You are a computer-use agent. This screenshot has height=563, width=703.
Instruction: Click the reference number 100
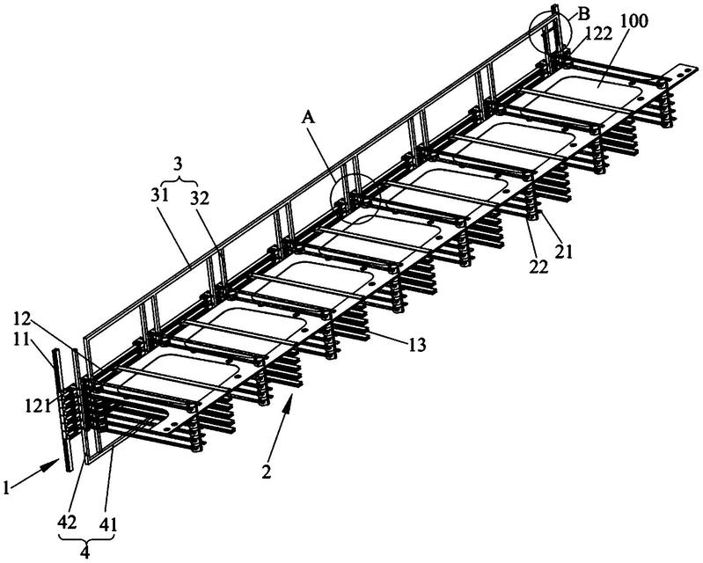click(635, 22)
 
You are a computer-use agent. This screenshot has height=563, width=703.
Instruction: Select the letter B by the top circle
click(583, 13)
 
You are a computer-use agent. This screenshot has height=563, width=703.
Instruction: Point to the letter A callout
click(308, 118)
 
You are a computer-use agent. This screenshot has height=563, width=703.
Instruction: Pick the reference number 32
click(200, 198)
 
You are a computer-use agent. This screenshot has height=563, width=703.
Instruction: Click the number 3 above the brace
click(178, 164)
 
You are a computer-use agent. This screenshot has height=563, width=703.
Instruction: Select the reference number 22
click(538, 267)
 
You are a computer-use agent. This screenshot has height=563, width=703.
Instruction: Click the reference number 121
click(38, 406)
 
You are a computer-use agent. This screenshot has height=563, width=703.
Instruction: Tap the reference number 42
click(67, 522)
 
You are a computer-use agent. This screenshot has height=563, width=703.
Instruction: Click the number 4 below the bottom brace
click(84, 551)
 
